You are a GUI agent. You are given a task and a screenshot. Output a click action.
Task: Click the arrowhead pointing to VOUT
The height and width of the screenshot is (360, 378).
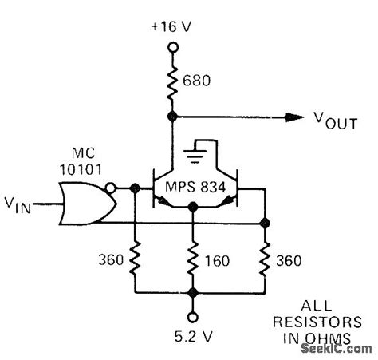(x=297, y=117)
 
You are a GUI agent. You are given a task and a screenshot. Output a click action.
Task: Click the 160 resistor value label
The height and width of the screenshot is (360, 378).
(x=215, y=259)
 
